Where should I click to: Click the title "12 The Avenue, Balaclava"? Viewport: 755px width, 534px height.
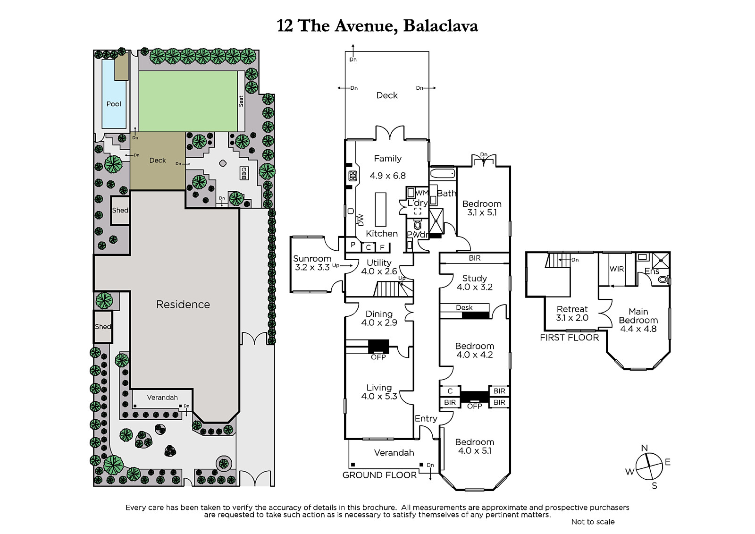[377, 25]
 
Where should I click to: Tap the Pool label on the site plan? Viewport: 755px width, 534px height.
[114, 104]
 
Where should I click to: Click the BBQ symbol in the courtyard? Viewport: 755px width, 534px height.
[244, 173]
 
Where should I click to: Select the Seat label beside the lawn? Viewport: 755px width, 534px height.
[241, 101]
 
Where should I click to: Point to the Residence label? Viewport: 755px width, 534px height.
[183, 304]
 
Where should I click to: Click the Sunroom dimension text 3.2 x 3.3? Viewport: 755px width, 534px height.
[312, 268]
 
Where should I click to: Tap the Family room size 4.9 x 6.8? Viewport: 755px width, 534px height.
[387, 176]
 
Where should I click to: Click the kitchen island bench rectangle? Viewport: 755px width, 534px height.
[380, 209]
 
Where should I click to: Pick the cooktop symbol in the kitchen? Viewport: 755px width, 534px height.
[353, 176]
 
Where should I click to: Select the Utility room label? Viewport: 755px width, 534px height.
[379, 263]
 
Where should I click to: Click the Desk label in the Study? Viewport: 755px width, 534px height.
[464, 307]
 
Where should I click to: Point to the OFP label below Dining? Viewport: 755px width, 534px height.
[378, 357]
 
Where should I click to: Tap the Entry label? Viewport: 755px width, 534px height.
[426, 419]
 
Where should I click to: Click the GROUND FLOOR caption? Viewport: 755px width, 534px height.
[379, 475]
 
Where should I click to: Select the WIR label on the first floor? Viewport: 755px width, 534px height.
[617, 269]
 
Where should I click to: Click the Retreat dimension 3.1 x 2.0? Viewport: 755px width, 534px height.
[572, 318]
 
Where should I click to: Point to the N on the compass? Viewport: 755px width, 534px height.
[645, 448]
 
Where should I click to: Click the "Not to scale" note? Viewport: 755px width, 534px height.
[593, 522]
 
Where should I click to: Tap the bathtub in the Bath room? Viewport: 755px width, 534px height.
[443, 173]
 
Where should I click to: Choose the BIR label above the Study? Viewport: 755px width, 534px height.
[475, 258]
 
